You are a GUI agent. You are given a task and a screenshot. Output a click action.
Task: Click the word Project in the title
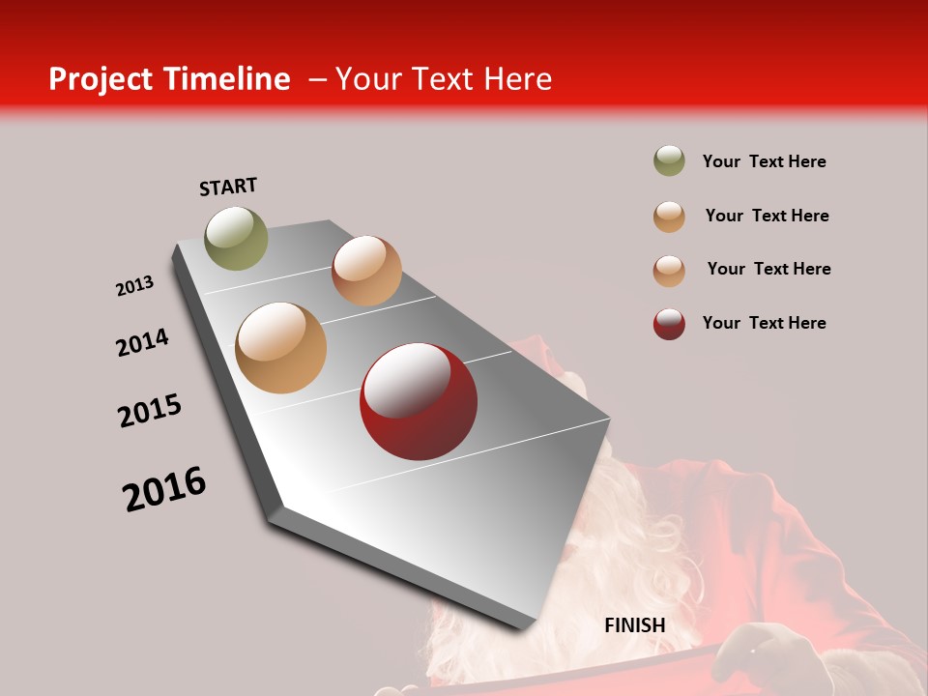point(101,79)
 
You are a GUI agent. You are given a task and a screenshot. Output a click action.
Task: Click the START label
point(228,187)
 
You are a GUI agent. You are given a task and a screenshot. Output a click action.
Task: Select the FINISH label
point(635,625)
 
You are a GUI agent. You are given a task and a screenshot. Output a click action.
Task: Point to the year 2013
point(135,286)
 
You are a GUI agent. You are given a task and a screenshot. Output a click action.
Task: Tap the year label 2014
point(143,343)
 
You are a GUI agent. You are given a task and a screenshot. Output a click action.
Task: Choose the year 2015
point(150,411)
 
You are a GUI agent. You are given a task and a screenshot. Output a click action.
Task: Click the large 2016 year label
point(164,489)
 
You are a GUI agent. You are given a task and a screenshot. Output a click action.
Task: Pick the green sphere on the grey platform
point(237,238)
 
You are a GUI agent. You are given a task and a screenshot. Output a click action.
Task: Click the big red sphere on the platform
point(418,401)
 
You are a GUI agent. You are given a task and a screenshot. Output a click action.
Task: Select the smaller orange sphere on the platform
point(366,271)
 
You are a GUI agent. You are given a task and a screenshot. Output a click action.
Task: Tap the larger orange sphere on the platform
point(281,348)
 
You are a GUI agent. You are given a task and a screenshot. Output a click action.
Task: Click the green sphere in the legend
point(669,160)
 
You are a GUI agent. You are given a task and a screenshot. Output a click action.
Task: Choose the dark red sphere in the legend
point(669,324)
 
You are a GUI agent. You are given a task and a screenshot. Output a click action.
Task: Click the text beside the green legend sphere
point(765,161)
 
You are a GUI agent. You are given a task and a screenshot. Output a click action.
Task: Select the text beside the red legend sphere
point(765,323)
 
